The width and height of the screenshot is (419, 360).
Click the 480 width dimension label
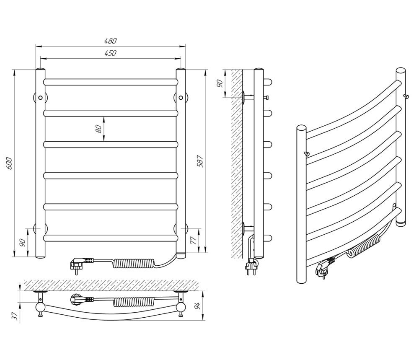coord(110,41)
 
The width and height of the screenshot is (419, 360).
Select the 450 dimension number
coord(110,53)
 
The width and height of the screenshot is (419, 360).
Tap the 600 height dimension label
coord(8,163)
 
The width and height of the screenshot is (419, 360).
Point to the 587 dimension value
coord(200,161)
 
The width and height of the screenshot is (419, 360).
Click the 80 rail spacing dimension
coord(98,129)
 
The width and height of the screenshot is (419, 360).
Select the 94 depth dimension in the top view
coord(197,305)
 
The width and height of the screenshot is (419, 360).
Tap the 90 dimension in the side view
coord(220,84)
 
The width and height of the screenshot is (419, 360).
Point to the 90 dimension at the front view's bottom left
coord(22,242)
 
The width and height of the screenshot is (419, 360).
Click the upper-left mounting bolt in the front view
coord(40,98)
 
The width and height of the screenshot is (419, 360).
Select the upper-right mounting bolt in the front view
coord(181,98)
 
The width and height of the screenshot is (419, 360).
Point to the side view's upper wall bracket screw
coord(266,98)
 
